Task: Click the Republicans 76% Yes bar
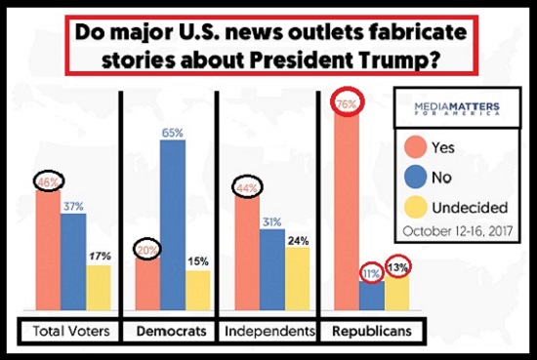pyautogui.click(x=347, y=211)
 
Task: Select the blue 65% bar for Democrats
pyautogui.click(x=173, y=225)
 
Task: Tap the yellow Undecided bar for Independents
pyautogui.click(x=297, y=279)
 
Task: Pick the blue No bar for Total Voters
pyautogui.click(x=73, y=262)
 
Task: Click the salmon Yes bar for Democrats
pyautogui.click(x=147, y=284)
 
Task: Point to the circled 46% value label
pyautogui.click(x=48, y=182)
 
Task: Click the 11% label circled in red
pyautogui.click(x=372, y=274)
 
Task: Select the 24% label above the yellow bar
pyautogui.click(x=299, y=241)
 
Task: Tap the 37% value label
pyautogui.click(x=73, y=207)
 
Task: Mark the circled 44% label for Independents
pyautogui.click(x=247, y=188)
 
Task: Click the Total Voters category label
pyautogui.click(x=71, y=331)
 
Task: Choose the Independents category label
pyautogui.click(x=269, y=331)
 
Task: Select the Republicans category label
pyautogui.click(x=372, y=331)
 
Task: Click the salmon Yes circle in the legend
pyautogui.click(x=415, y=147)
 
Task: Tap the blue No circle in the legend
pyautogui.click(x=415, y=177)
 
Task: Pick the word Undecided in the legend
pyautogui.click(x=470, y=208)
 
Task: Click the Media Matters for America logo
pyautogui.click(x=457, y=108)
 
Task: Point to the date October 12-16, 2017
pyautogui.click(x=458, y=231)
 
